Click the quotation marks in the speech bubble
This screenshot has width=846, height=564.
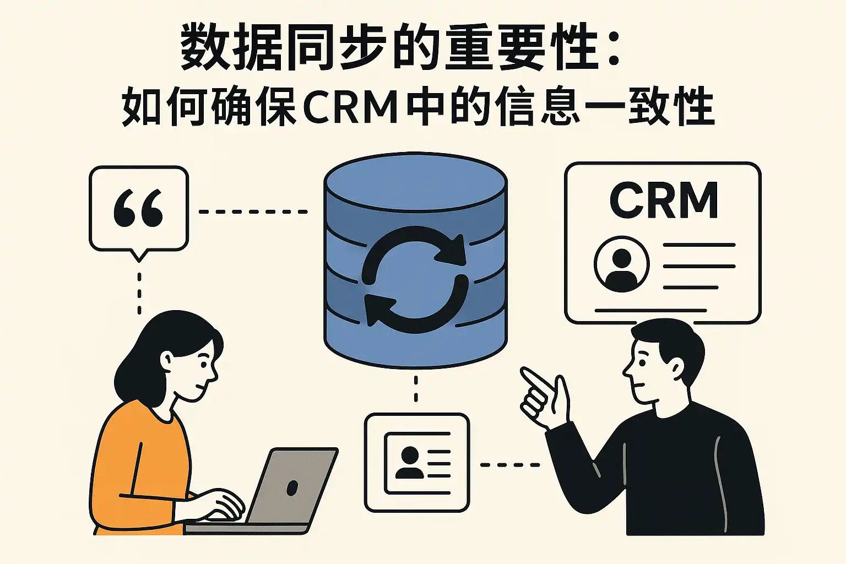[x=138, y=209]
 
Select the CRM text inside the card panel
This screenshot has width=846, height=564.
[x=664, y=200]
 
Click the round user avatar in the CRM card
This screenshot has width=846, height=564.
[x=621, y=264]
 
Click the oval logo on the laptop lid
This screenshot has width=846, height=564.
[x=292, y=487]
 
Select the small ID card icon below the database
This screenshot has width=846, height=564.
[x=417, y=463]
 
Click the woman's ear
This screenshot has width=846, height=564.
[x=167, y=361]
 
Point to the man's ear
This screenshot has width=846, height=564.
[x=675, y=366]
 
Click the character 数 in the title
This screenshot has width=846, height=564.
[x=204, y=47]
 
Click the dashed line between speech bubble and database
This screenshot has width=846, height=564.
[x=253, y=211]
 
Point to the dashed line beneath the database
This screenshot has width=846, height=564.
[x=416, y=389]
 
